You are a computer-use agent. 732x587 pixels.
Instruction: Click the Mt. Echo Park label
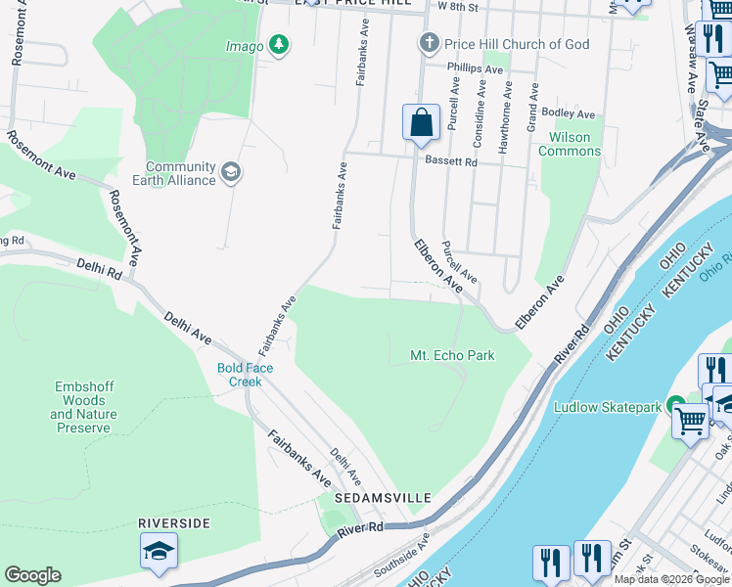pyautogui.click(x=452, y=355)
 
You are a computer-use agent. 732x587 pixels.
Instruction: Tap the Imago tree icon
pyautogui.click(x=280, y=45)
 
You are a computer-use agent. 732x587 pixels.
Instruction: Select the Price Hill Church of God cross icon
pyautogui.click(x=428, y=43)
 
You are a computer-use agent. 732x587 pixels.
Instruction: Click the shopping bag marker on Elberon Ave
pyautogui.click(x=421, y=123)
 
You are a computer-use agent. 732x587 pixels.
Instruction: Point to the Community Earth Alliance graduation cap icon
pyautogui.click(x=231, y=173)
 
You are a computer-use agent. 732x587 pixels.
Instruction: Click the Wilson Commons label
pyautogui.click(x=570, y=144)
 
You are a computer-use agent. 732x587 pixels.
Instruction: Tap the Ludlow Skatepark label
pyautogui.click(x=609, y=406)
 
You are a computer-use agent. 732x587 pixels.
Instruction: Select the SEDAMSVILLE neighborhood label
pyautogui.click(x=383, y=498)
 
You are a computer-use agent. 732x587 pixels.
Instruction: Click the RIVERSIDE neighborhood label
pyautogui.click(x=174, y=523)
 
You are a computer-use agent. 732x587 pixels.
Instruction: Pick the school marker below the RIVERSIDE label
pyautogui.click(x=159, y=551)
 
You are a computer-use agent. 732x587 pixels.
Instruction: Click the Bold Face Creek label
pyautogui.click(x=246, y=375)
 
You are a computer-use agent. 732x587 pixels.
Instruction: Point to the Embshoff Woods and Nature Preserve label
pyautogui.click(x=83, y=408)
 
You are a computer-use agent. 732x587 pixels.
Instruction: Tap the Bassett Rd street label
pyautogui.click(x=450, y=161)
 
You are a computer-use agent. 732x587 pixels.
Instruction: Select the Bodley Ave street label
pyautogui.click(x=569, y=113)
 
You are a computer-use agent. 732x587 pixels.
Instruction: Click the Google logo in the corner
pyautogui.click(x=32, y=575)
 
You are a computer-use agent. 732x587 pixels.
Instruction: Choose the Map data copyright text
pyautogui.click(x=671, y=579)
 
